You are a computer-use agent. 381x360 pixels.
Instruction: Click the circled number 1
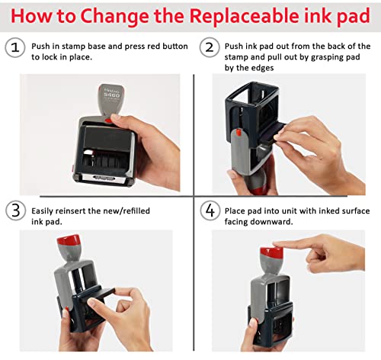[x=15, y=47]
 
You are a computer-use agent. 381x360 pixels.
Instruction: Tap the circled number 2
[x=210, y=47]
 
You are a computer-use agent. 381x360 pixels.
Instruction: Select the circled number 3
[x=15, y=211]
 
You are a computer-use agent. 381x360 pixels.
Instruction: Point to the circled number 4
[x=210, y=211]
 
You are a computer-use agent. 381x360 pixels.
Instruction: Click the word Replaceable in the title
[x=244, y=16]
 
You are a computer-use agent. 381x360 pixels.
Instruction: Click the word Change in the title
[x=114, y=17]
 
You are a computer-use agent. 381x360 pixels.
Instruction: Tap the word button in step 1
[x=175, y=46]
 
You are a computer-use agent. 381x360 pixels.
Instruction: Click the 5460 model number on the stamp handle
[x=111, y=95]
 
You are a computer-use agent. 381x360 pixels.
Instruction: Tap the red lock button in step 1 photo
[x=109, y=120]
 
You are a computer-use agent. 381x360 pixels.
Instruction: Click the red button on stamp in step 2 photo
[x=239, y=132]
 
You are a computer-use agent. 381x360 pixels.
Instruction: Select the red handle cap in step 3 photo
[x=69, y=239]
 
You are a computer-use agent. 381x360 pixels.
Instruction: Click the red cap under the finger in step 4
[x=271, y=252]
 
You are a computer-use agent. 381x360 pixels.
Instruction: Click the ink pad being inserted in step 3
[x=98, y=294]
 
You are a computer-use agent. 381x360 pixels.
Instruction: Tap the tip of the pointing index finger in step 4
[x=275, y=245]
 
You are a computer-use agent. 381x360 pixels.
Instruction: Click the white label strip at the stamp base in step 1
[x=104, y=178]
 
